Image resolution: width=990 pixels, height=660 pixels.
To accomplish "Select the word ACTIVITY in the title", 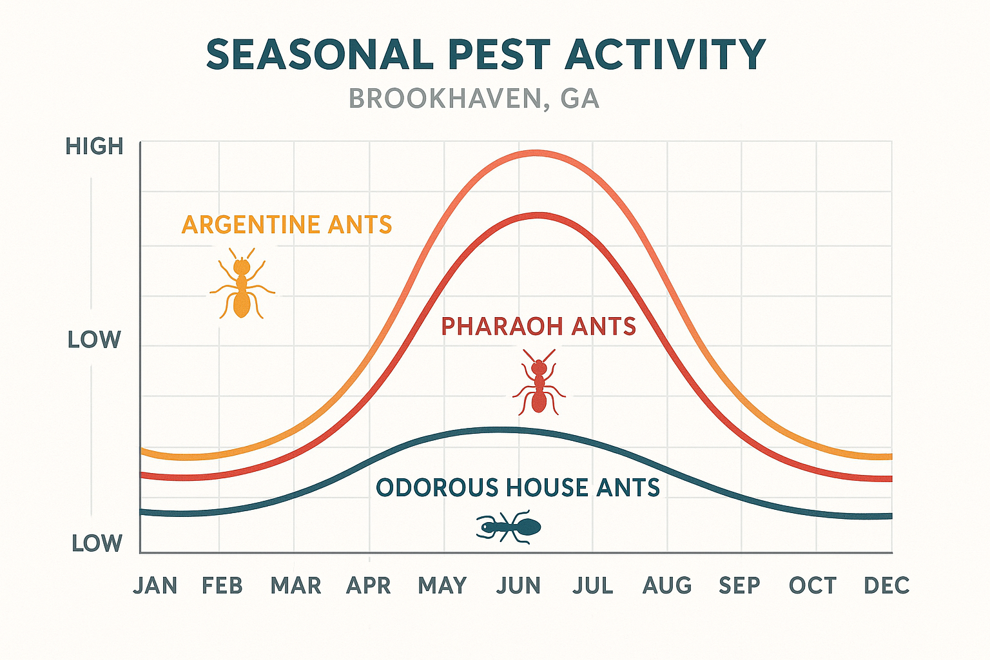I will [x=665, y=55].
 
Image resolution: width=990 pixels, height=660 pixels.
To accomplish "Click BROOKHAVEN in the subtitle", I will [x=445, y=99].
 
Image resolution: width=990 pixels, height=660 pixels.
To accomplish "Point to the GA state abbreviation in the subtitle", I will [x=580, y=99].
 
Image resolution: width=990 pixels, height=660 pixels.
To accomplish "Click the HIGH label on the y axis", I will [x=94, y=147].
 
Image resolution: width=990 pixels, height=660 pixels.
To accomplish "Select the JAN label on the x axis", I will [x=155, y=585].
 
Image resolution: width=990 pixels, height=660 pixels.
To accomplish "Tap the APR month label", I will [x=369, y=585].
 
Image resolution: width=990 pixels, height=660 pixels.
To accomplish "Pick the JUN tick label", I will [x=519, y=585].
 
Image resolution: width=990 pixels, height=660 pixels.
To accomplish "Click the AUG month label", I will [x=667, y=585].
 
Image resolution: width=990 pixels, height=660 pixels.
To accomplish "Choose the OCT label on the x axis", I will [x=813, y=585].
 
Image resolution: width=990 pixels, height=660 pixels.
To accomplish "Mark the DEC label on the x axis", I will [x=887, y=585].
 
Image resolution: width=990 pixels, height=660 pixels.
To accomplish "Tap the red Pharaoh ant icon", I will [x=539, y=383].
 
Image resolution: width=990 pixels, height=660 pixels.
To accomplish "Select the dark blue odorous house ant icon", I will [x=509, y=527].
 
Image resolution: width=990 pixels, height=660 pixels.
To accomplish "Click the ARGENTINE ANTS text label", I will [x=287, y=225].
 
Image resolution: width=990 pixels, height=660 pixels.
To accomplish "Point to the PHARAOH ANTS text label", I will [x=538, y=327].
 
